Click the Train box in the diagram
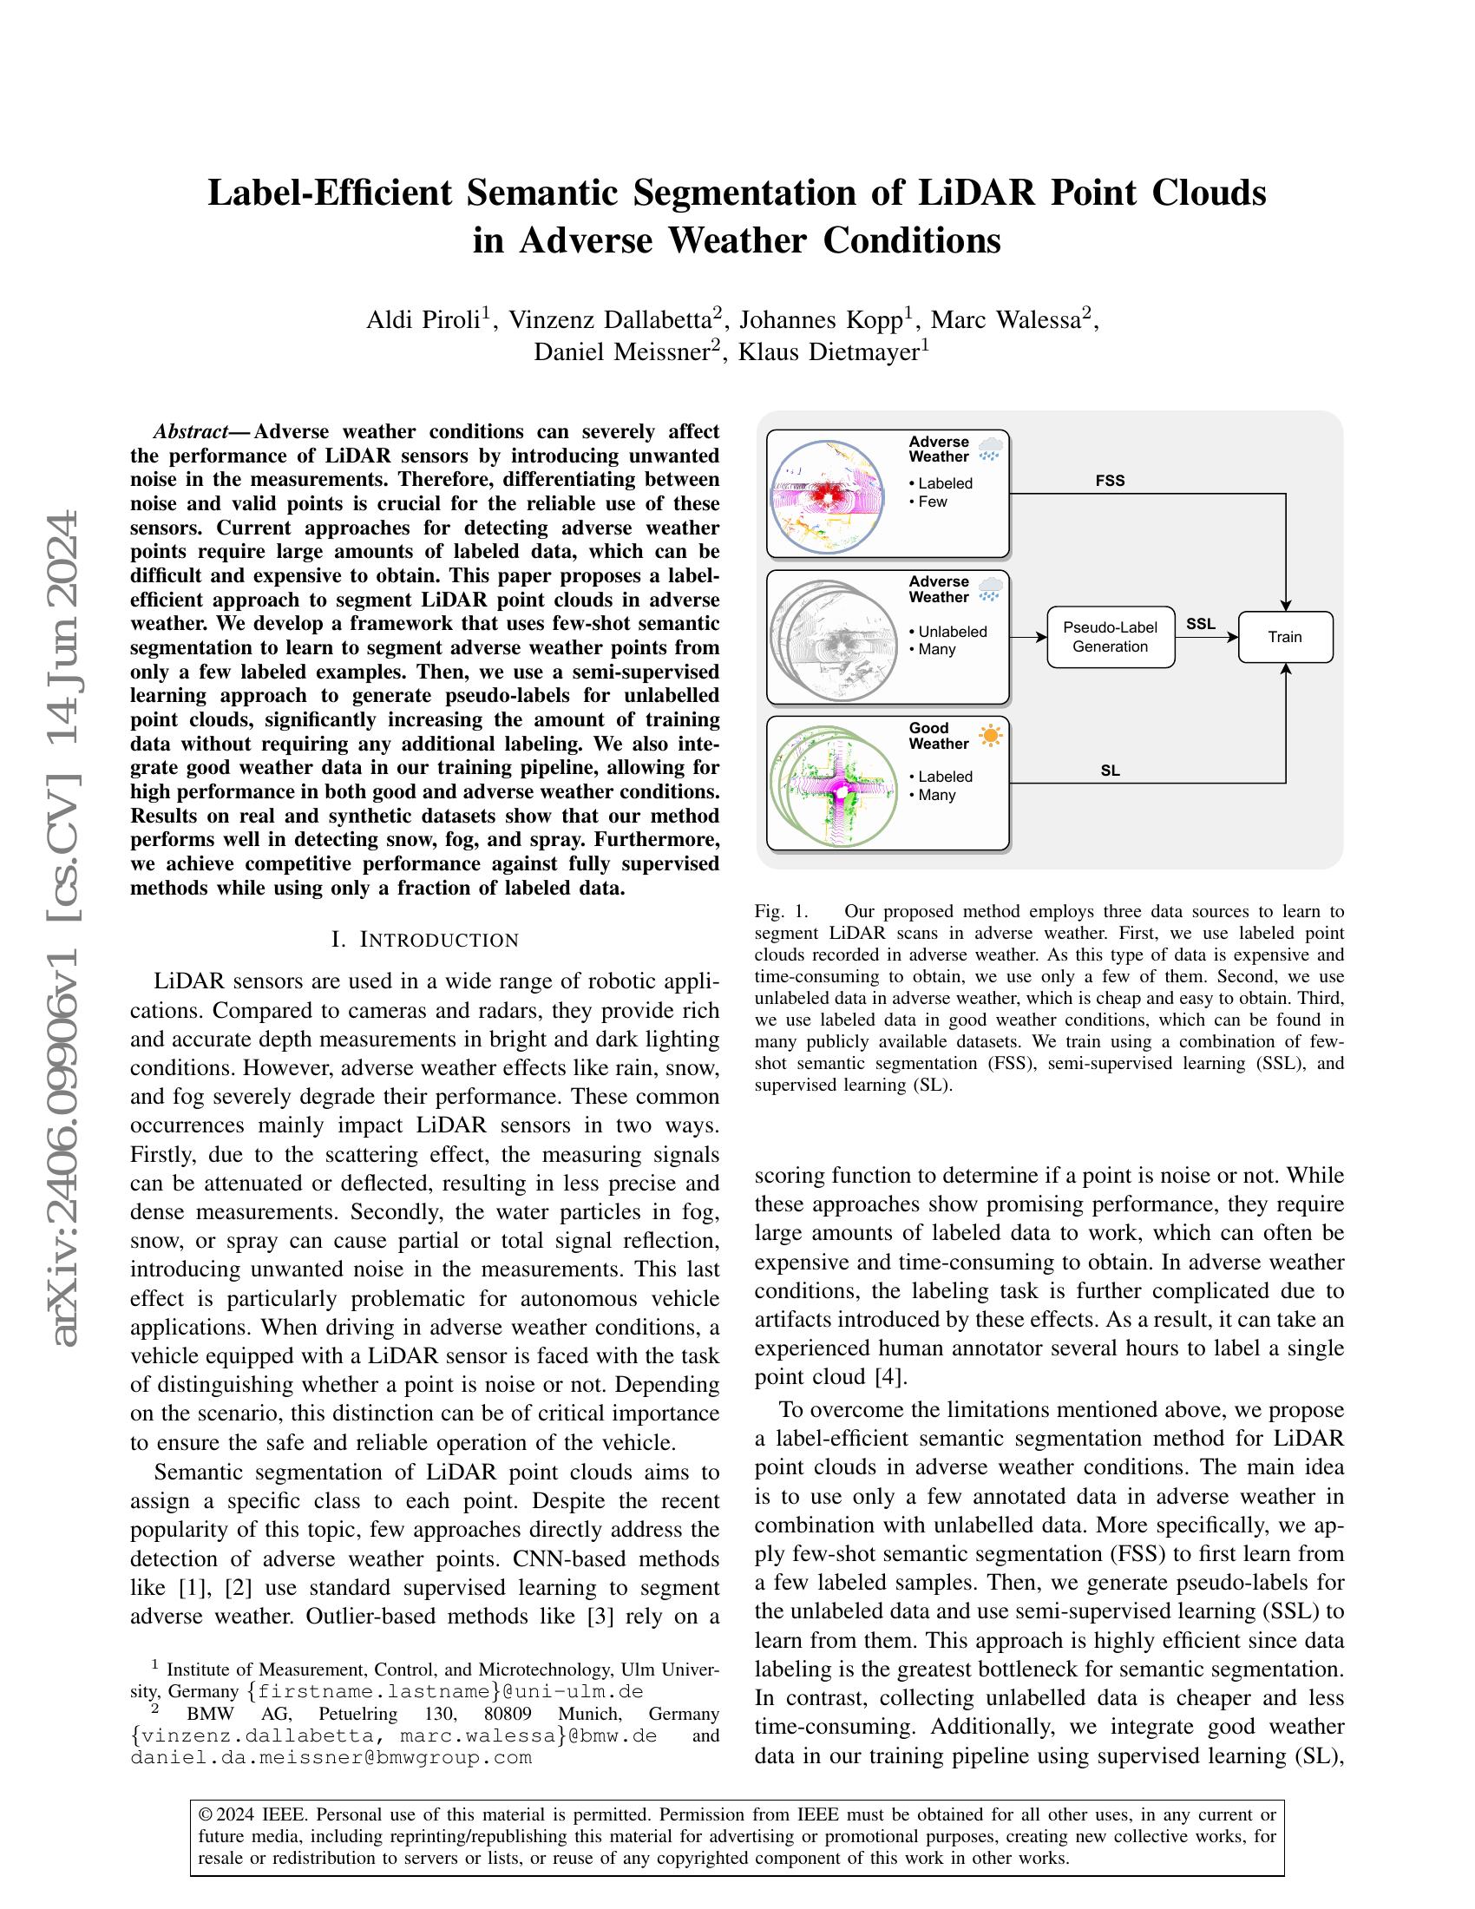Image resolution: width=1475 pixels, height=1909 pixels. (1284, 637)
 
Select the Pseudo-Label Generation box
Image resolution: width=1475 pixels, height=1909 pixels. (1110, 637)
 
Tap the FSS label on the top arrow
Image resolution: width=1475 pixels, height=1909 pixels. (1110, 481)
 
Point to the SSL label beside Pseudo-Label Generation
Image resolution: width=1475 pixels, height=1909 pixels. (1200, 624)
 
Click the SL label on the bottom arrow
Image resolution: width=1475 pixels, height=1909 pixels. (1110, 771)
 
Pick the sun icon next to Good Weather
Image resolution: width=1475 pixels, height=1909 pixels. (990, 736)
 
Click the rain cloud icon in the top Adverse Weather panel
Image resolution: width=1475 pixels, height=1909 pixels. (990, 450)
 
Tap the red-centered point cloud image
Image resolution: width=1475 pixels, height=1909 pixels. (827, 496)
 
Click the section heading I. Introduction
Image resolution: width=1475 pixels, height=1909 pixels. (424, 941)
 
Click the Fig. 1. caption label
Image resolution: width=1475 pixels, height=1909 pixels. (781, 911)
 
